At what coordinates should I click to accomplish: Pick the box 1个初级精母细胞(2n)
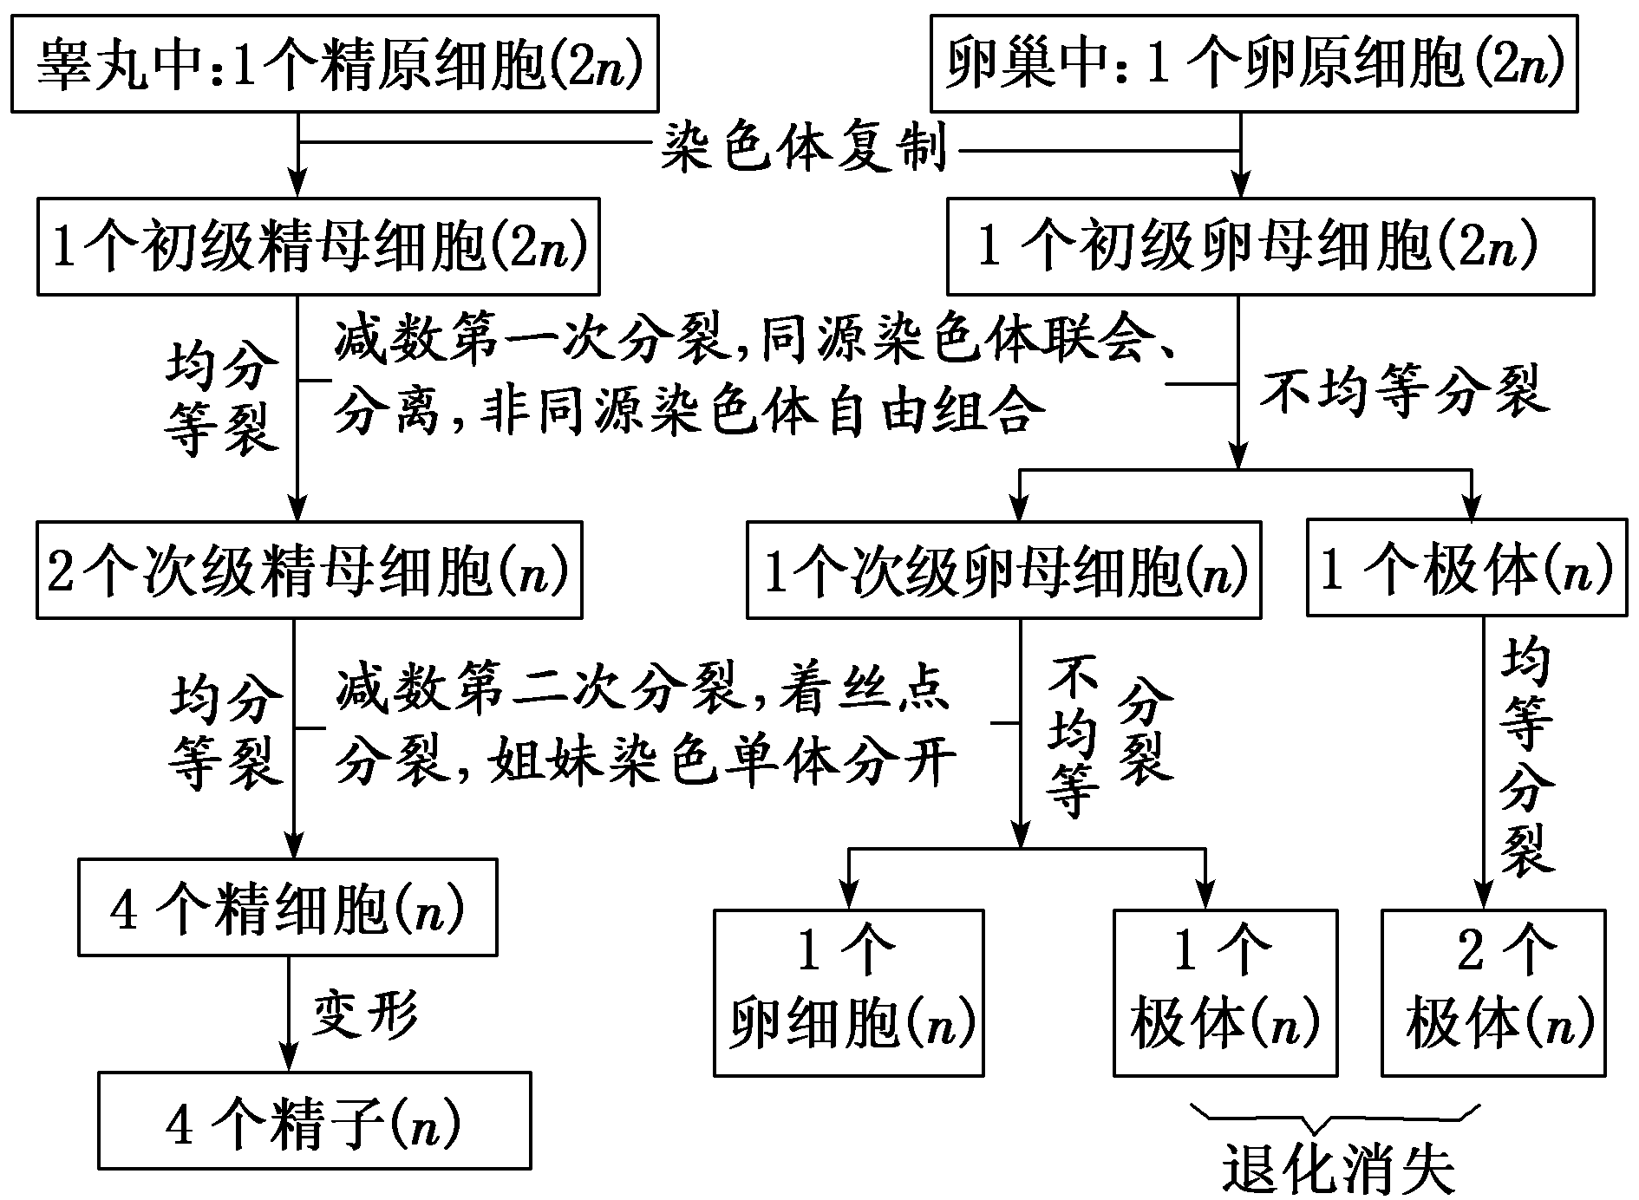(x=318, y=247)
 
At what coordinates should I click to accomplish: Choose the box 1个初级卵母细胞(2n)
(x=1270, y=247)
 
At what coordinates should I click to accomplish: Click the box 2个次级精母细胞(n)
(x=309, y=571)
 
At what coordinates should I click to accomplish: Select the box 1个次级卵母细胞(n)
(x=1003, y=571)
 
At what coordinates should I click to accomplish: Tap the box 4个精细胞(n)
(x=287, y=907)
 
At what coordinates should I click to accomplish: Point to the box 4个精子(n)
(x=314, y=1121)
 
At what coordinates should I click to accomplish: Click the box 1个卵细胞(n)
(x=848, y=993)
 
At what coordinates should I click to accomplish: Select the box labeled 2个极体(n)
(x=1492, y=993)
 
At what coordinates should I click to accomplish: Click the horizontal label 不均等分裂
(x=1403, y=392)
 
